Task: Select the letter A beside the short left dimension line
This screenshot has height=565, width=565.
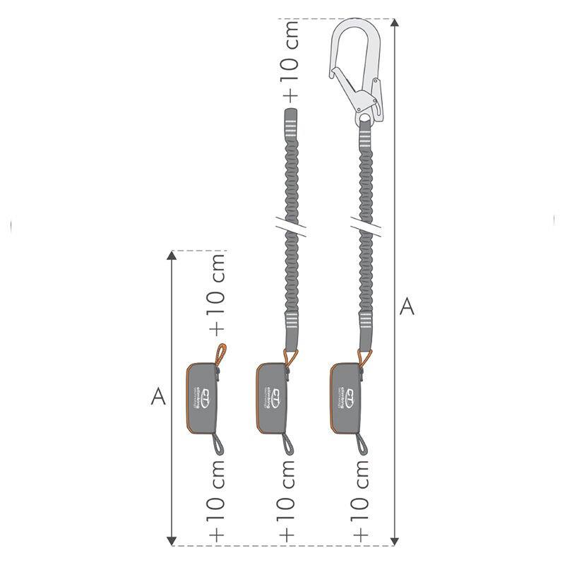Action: tap(158, 397)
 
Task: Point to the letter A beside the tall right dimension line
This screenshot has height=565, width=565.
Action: tap(407, 307)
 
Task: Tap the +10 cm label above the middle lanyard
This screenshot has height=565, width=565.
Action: tap(290, 61)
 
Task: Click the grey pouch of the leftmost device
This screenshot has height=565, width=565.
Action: tap(203, 396)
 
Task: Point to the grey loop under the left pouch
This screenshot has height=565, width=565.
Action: tap(218, 444)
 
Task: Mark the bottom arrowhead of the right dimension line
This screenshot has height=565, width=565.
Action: tap(394, 540)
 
